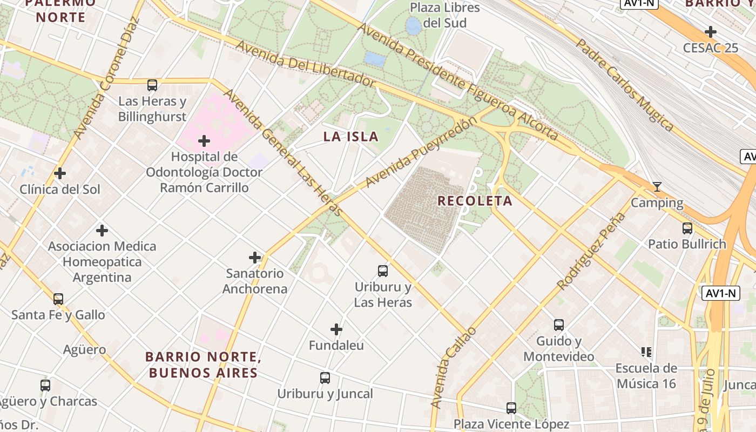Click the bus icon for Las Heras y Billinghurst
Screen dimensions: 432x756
click(x=152, y=85)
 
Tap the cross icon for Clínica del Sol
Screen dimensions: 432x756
click(x=60, y=173)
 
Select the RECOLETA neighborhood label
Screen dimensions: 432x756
click(x=475, y=201)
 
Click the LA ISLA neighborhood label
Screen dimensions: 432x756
click(x=351, y=137)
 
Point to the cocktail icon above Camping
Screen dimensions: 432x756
click(x=657, y=187)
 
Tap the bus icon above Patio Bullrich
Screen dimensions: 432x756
click(x=687, y=228)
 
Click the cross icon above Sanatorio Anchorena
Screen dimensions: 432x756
click(x=255, y=258)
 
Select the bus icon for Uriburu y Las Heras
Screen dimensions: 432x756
click(x=383, y=271)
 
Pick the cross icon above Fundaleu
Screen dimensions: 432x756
click(x=336, y=329)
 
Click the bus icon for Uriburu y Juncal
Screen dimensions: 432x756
click(x=325, y=378)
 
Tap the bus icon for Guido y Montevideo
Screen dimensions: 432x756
click(x=559, y=325)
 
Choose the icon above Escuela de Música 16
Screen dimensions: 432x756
click(x=646, y=352)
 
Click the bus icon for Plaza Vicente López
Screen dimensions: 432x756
click(x=511, y=408)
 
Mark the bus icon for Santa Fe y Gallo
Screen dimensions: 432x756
click(x=58, y=299)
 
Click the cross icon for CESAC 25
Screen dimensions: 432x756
click(x=711, y=32)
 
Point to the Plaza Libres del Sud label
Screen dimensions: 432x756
click(x=445, y=15)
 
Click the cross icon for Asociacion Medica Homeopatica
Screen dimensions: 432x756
click(x=102, y=231)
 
